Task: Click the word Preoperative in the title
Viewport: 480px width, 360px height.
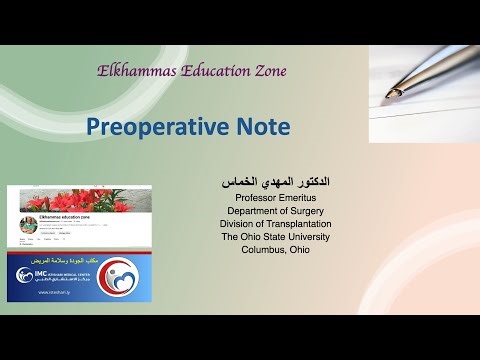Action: click(157, 127)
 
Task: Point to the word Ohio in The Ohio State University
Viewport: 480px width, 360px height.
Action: click(258, 237)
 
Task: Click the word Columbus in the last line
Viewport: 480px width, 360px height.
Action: click(258, 250)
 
